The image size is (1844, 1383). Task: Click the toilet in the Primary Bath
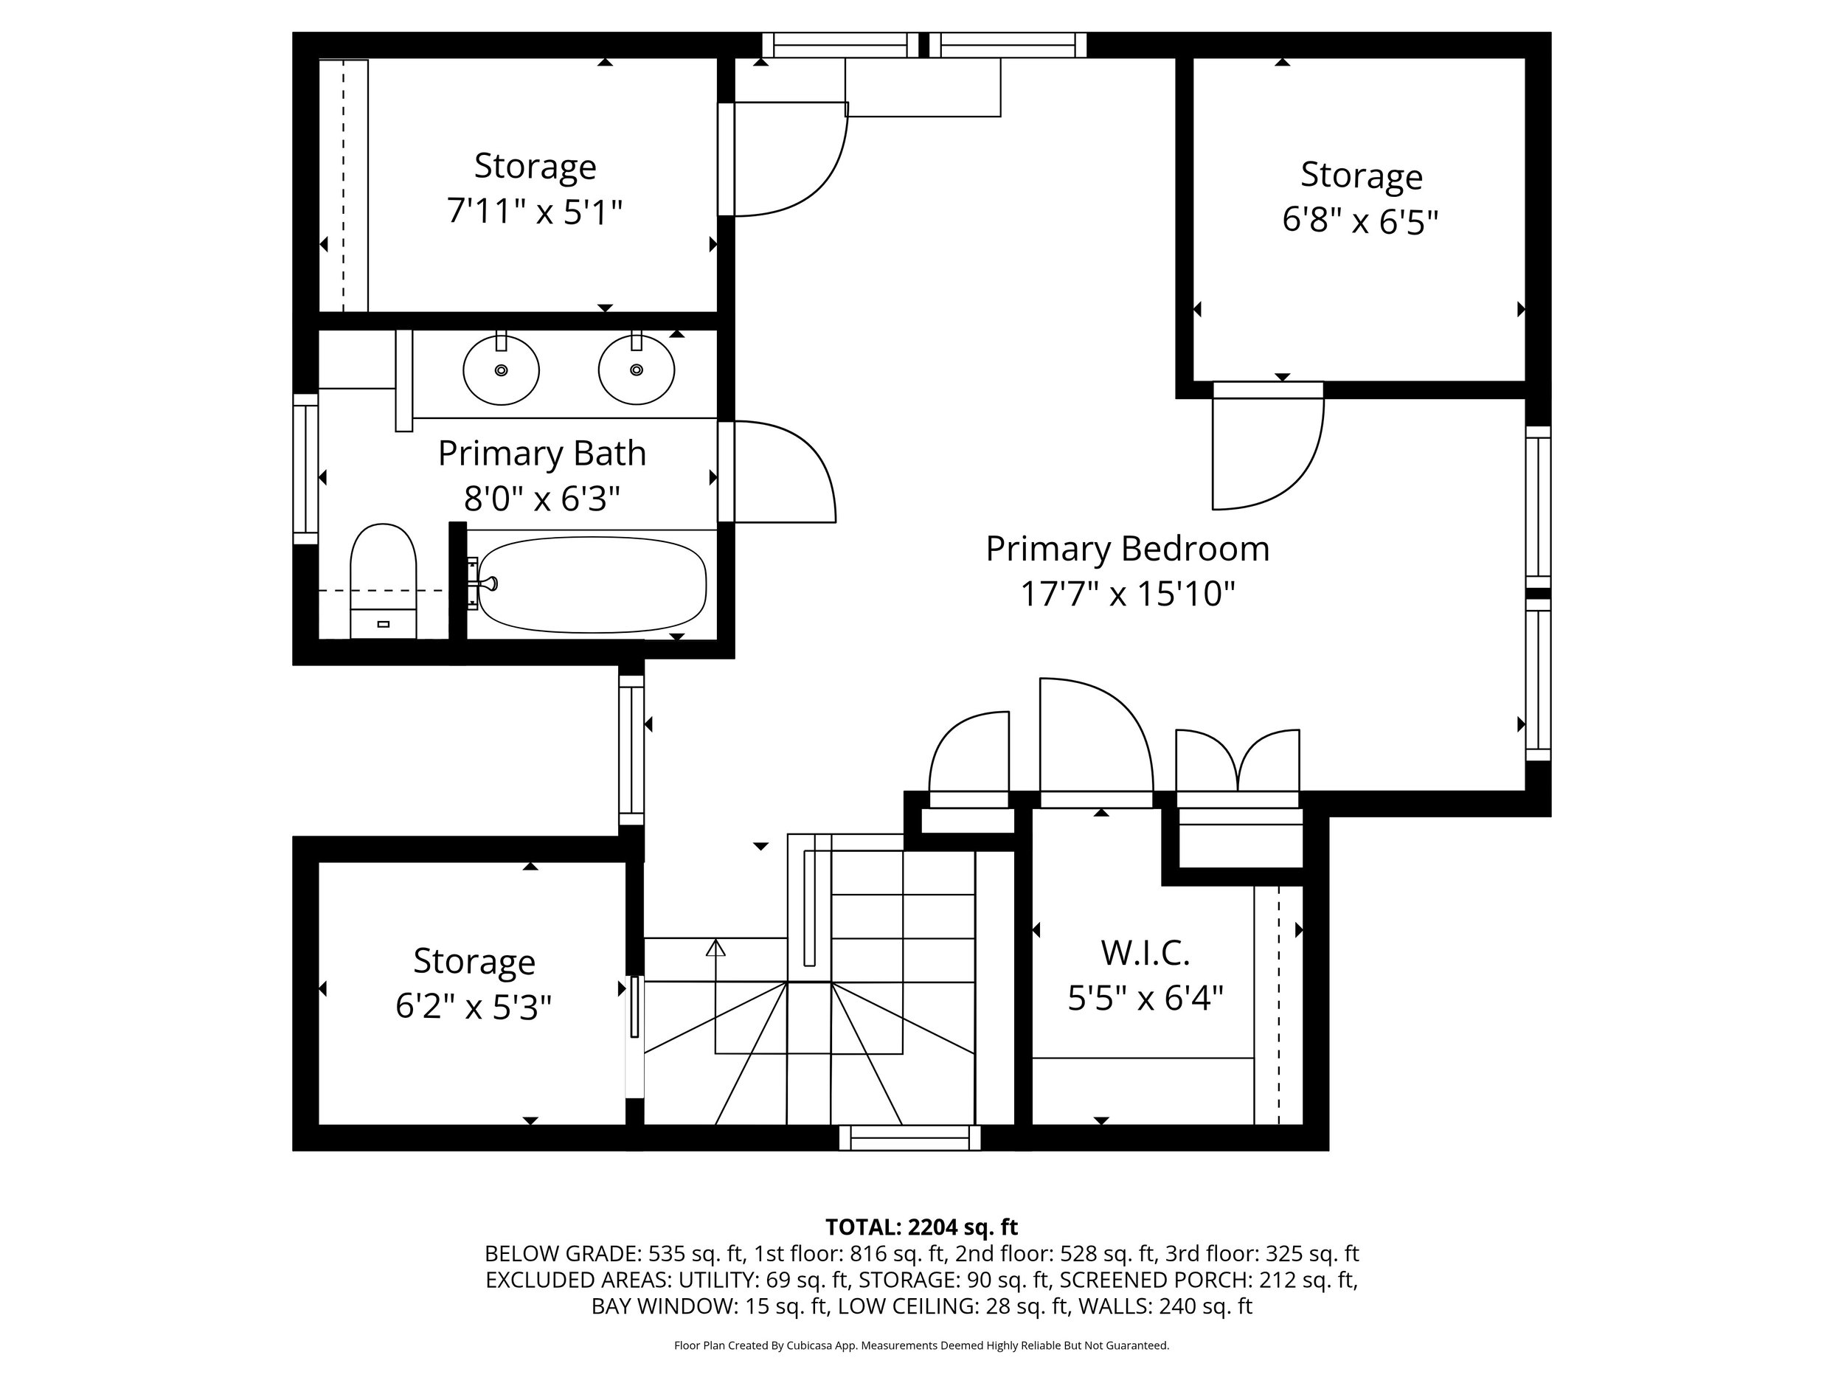383,579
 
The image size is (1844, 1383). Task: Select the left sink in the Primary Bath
501,370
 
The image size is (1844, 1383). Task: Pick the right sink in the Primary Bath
636,370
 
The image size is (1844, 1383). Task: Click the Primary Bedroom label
1127,549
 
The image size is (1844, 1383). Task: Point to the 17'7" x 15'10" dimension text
1127,595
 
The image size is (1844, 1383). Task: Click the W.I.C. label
1145,952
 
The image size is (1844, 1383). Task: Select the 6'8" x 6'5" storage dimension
1360,221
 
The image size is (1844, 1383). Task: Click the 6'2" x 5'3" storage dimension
474,1007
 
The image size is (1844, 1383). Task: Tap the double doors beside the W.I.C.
1238,763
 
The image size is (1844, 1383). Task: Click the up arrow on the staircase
715,948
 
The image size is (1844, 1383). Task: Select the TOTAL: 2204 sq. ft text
921,1227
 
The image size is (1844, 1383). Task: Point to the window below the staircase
909,1138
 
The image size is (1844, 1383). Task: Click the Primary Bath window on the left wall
305,469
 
